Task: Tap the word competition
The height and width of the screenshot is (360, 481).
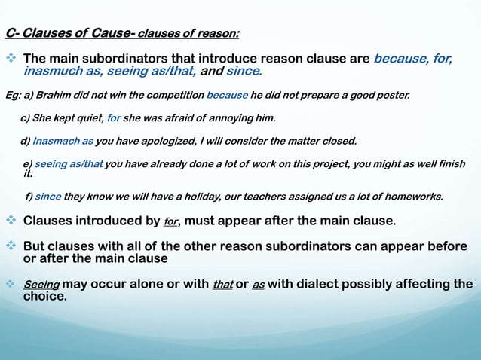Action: (x=176, y=96)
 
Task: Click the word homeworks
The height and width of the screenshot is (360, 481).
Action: (x=416, y=197)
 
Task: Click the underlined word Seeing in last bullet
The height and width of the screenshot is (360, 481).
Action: (x=41, y=285)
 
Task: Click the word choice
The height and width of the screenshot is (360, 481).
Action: (x=44, y=297)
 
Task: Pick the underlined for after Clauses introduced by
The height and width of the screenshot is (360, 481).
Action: (x=170, y=222)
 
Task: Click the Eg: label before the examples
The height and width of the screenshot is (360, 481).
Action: (x=12, y=96)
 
